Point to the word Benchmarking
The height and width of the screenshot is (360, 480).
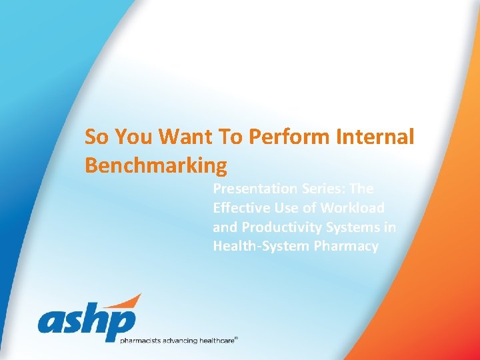click(x=156, y=165)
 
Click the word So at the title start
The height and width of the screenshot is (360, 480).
click(x=96, y=137)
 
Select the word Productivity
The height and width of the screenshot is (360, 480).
click(x=276, y=227)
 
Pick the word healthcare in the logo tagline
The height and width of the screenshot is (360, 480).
click(x=214, y=341)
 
